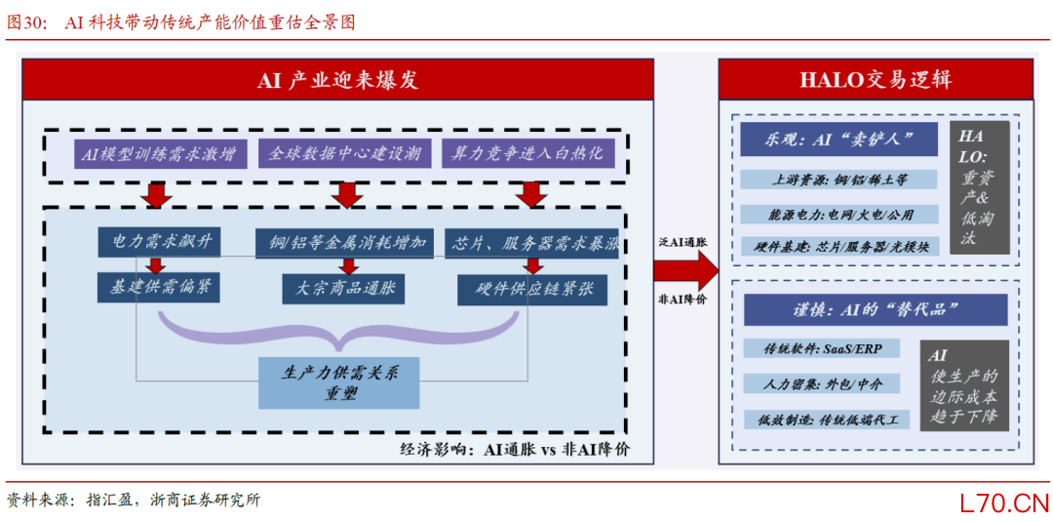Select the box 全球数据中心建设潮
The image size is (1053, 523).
(x=344, y=154)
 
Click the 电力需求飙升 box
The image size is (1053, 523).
(x=159, y=243)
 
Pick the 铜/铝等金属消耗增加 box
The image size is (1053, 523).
(x=344, y=243)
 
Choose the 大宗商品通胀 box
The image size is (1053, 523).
(x=343, y=289)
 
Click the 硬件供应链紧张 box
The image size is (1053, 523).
(x=532, y=290)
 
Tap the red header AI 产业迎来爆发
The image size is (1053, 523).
(x=337, y=79)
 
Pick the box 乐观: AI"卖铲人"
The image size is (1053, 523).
(x=838, y=140)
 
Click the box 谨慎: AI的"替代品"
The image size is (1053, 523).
(x=876, y=310)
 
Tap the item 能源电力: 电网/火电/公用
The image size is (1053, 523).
(x=838, y=215)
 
